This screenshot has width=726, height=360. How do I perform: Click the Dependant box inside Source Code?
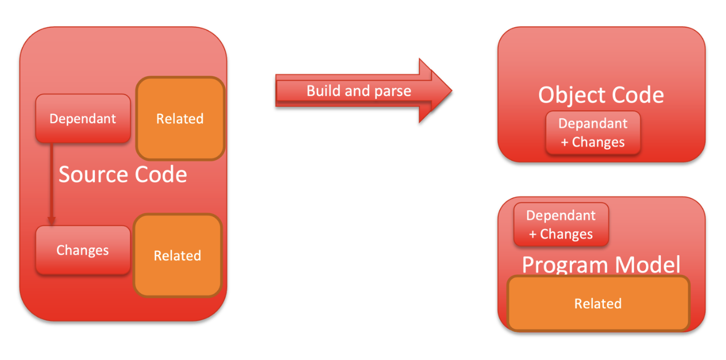[83, 118]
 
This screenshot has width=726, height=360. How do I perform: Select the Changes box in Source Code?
[83, 250]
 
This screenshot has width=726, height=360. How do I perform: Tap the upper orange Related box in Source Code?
[180, 118]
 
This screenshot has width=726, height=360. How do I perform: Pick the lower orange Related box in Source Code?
[178, 255]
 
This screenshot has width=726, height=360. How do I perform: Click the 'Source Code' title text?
[123, 174]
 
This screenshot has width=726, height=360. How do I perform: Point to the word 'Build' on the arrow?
[323, 91]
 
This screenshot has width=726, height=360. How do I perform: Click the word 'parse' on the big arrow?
[393, 91]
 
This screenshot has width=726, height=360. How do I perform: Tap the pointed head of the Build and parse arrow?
[452, 91]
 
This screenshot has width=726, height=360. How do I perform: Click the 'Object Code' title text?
[601, 95]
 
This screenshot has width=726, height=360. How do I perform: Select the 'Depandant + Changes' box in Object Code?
[593, 133]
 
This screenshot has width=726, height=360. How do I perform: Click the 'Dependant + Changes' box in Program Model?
[561, 224]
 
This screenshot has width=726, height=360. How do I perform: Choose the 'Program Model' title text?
[601, 264]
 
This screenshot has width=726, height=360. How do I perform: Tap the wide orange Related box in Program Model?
[598, 303]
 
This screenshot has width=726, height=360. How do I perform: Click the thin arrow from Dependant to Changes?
[51, 184]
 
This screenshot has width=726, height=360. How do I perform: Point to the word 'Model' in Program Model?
[647, 264]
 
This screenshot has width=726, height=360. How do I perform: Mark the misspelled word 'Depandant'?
[593, 124]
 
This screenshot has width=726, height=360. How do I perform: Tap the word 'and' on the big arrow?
[357, 91]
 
